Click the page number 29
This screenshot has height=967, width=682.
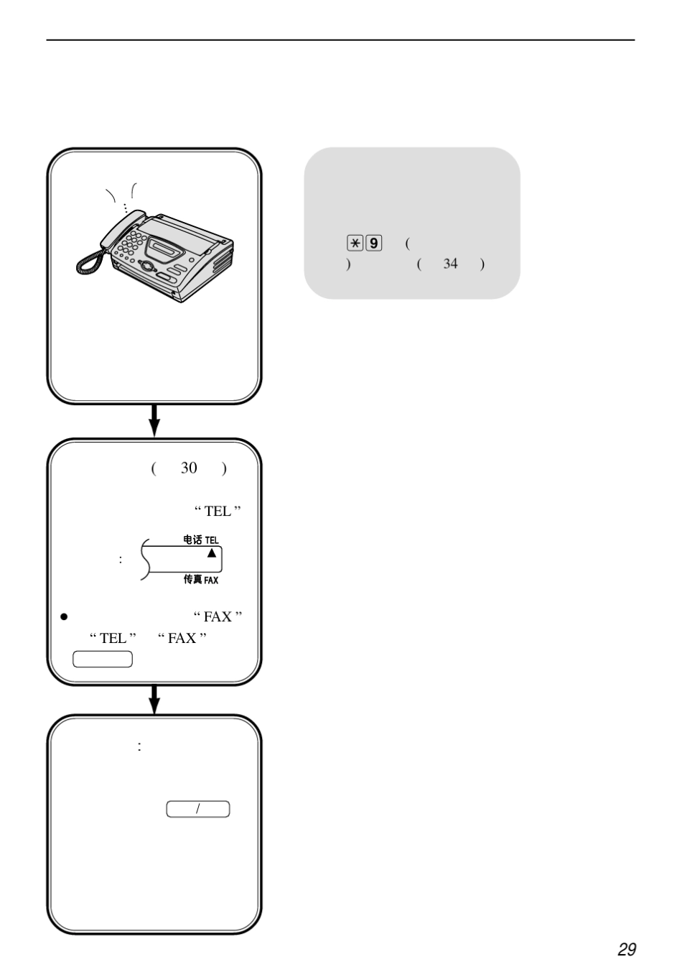pos(627,949)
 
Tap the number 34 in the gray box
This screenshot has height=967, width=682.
pos(450,264)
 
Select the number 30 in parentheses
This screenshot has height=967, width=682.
pos(189,468)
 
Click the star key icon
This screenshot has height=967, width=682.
pos(355,243)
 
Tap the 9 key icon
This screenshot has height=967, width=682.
pos(373,243)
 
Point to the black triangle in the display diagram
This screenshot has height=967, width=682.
pos(211,552)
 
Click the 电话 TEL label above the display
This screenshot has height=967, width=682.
pos(201,540)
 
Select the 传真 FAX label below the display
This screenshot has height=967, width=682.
pos(201,579)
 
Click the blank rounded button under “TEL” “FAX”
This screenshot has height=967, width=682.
pos(103,660)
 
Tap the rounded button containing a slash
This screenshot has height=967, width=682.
pos(198,809)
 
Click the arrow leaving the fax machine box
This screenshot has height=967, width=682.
pos(154,421)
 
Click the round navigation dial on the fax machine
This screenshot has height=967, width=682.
pos(146,265)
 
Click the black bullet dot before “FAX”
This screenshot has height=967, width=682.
pos(64,617)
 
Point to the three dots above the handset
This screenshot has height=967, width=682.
pos(125,208)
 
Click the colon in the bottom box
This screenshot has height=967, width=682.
pos(139,746)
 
